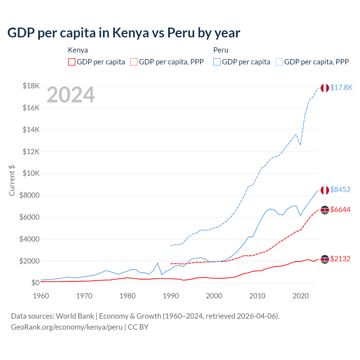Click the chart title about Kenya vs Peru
pos(124,33)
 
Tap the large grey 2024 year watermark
pos(71,95)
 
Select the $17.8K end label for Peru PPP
pos(341,87)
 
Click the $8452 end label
pos(340,190)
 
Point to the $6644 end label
pos(340,210)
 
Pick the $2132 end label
pos(340,259)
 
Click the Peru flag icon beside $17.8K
pos(325,88)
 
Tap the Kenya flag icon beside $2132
pos(325,259)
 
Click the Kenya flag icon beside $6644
pos(325,210)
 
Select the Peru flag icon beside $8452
pos(325,190)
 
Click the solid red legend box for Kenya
pos(72,62)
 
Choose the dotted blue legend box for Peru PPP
pos(279,62)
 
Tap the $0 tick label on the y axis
pos(35,283)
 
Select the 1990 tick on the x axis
pos(171,296)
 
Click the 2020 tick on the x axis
pos(301,296)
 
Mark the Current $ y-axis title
pos(12,181)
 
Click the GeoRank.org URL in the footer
pos(67,327)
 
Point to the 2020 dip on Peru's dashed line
pos(300,145)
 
